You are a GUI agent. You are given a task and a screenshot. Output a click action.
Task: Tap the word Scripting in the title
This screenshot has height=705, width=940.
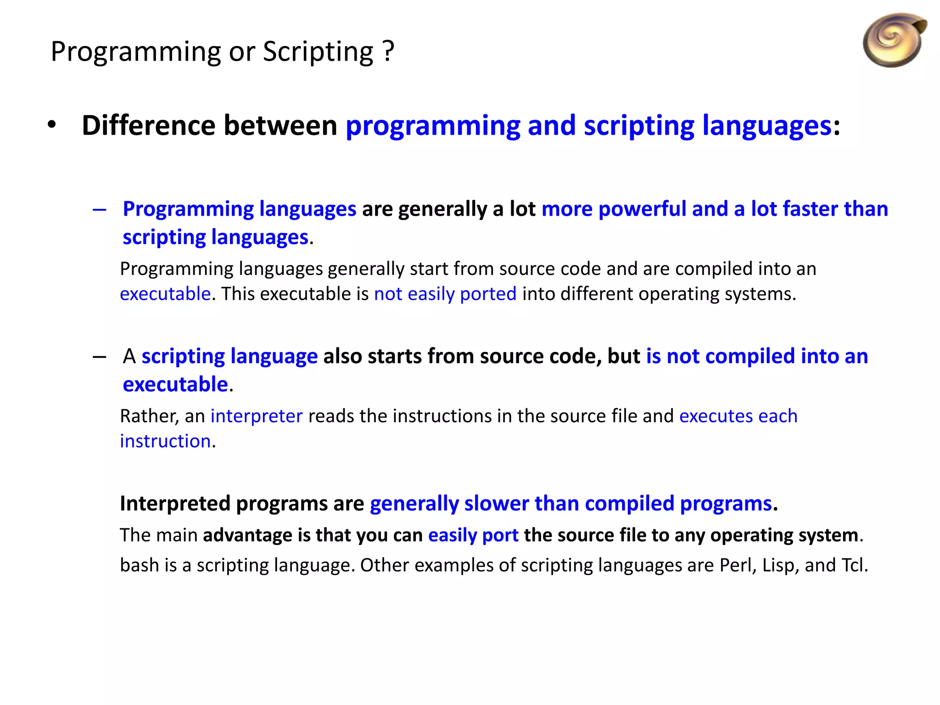pos(318,51)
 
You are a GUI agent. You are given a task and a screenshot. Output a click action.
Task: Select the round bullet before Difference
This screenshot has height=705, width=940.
pos(52,125)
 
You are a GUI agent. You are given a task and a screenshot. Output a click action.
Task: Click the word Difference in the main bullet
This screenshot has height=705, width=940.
pos(148,125)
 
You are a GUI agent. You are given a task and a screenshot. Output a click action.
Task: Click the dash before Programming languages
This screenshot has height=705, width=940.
pos(100,210)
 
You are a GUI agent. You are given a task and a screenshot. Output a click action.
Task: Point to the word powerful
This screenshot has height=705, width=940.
pos(642,209)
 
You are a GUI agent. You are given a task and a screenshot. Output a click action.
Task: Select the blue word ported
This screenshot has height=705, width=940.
pos(488,294)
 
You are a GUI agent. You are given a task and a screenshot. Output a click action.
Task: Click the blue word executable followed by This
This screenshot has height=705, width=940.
pos(165,294)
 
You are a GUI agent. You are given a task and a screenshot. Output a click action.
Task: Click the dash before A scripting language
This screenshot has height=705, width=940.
pos(100,357)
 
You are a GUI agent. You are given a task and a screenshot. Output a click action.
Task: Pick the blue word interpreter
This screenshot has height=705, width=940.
pos(257,416)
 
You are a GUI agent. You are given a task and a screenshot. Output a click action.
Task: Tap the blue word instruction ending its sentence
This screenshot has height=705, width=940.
pos(165,441)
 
